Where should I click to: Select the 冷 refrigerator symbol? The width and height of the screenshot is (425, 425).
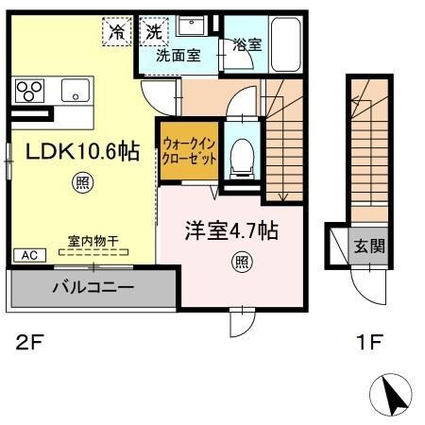tap(118, 31)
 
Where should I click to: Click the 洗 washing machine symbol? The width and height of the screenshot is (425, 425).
tap(153, 31)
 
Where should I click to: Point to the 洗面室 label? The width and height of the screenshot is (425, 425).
tap(178, 56)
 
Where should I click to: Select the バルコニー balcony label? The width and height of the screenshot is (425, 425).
tap(93, 286)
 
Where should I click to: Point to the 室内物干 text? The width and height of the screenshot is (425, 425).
tap(92, 242)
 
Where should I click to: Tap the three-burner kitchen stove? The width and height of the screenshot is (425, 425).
tap(28, 92)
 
